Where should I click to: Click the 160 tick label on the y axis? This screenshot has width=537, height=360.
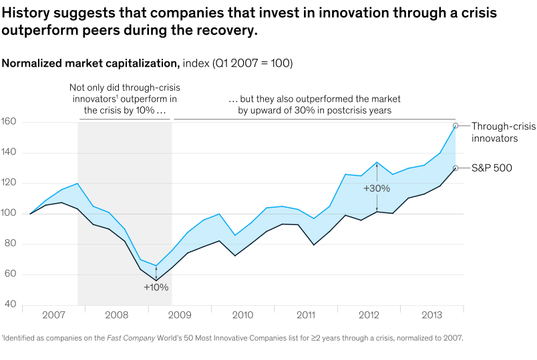pos(9,122)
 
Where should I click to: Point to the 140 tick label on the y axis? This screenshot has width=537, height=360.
pos(9,153)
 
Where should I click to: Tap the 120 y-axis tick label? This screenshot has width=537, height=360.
pos(9,183)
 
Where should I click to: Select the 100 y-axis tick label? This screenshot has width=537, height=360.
pos(9,214)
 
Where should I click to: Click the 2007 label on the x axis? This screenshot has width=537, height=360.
pos(54,315)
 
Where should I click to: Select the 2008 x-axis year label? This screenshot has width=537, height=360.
pos(117,315)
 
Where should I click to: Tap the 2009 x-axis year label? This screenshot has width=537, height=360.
pos(180,315)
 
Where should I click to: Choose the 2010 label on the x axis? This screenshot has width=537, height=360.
pos(242,315)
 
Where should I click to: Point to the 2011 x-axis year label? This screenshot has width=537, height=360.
pos(305,315)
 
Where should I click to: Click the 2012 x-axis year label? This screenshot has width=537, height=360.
pos(369,315)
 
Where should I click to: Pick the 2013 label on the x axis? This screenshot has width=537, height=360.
pos(431,315)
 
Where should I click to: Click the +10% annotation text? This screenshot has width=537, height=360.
pos(156,287)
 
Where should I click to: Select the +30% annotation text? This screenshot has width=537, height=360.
pos(376,189)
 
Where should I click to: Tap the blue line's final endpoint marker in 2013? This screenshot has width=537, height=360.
pos(455,126)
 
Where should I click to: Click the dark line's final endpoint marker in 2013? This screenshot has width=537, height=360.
pos(455,168)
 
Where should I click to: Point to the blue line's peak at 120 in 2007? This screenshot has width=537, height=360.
pos(77,183)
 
